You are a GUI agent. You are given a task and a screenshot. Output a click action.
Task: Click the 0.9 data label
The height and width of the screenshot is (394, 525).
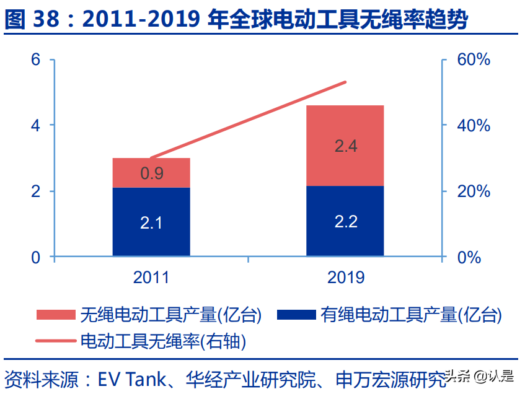152,173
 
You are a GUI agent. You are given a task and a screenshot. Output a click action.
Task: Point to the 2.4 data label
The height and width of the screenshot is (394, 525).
346,147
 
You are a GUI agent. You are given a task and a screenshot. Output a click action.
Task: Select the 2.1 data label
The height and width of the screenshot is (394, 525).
151,223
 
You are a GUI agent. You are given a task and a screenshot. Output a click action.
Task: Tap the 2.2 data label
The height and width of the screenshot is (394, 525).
346,221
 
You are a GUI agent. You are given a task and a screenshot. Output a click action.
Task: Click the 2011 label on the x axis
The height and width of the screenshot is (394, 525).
151,277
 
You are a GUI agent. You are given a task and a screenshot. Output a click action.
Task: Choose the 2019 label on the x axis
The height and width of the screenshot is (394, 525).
346,277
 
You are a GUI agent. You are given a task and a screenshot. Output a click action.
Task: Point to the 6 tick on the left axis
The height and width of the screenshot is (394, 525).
36,60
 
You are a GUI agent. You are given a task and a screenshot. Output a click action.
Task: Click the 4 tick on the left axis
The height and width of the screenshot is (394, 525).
36,126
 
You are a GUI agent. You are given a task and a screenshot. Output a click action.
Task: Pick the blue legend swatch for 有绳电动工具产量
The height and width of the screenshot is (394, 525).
296,315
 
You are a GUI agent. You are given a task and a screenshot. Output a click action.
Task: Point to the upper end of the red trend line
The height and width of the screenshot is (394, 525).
345,82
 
